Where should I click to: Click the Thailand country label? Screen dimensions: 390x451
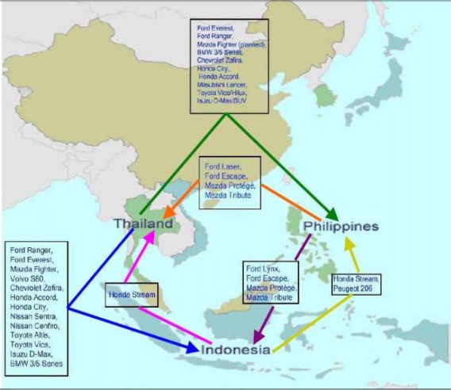pyautogui.click(x=144, y=224)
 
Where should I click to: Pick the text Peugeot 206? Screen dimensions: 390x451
pyautogui.click(x=355, y=289)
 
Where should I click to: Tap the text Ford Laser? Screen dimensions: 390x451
pyautogui.click(x=222, y=166)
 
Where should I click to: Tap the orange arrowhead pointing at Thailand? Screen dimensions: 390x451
pyautogui.click(x=168, y=212)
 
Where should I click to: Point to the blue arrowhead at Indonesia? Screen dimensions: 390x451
pyautogui.click(x=194, y=348)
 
